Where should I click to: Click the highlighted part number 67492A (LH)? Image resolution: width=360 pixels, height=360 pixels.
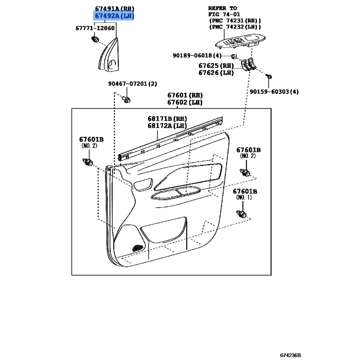click(114, 16)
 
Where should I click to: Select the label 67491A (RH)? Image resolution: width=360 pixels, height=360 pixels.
click(115, 9)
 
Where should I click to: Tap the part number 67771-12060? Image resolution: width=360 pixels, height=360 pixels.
click(95, 28)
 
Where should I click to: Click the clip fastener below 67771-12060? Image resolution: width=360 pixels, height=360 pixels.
click(95, 40)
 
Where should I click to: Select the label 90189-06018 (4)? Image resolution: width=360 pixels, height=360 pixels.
click(197, 55)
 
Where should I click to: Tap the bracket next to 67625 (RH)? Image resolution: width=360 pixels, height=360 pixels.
click(248, 64)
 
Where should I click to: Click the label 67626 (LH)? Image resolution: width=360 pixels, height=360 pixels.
click(216, 73)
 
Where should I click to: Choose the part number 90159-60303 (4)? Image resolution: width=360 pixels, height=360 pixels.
click(274, 92)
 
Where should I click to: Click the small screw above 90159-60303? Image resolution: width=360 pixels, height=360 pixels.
click(269, 76)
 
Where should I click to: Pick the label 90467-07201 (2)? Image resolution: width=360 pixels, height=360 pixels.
click(133, 84)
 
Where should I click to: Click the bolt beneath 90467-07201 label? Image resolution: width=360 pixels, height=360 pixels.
click(126, 99)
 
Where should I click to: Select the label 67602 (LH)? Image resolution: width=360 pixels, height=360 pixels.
click(185, 103)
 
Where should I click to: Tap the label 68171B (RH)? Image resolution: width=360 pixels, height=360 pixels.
click(167, 119)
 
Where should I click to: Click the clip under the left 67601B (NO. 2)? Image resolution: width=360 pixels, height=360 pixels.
click(88, 162)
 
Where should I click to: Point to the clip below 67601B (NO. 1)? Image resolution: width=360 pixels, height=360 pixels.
click(241, 214)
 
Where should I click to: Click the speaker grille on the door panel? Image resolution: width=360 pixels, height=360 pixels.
click(137, 248)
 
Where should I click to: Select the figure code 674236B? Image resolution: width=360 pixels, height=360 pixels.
click(290, 355)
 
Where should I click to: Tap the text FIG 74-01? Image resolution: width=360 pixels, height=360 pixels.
click(224, 14)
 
